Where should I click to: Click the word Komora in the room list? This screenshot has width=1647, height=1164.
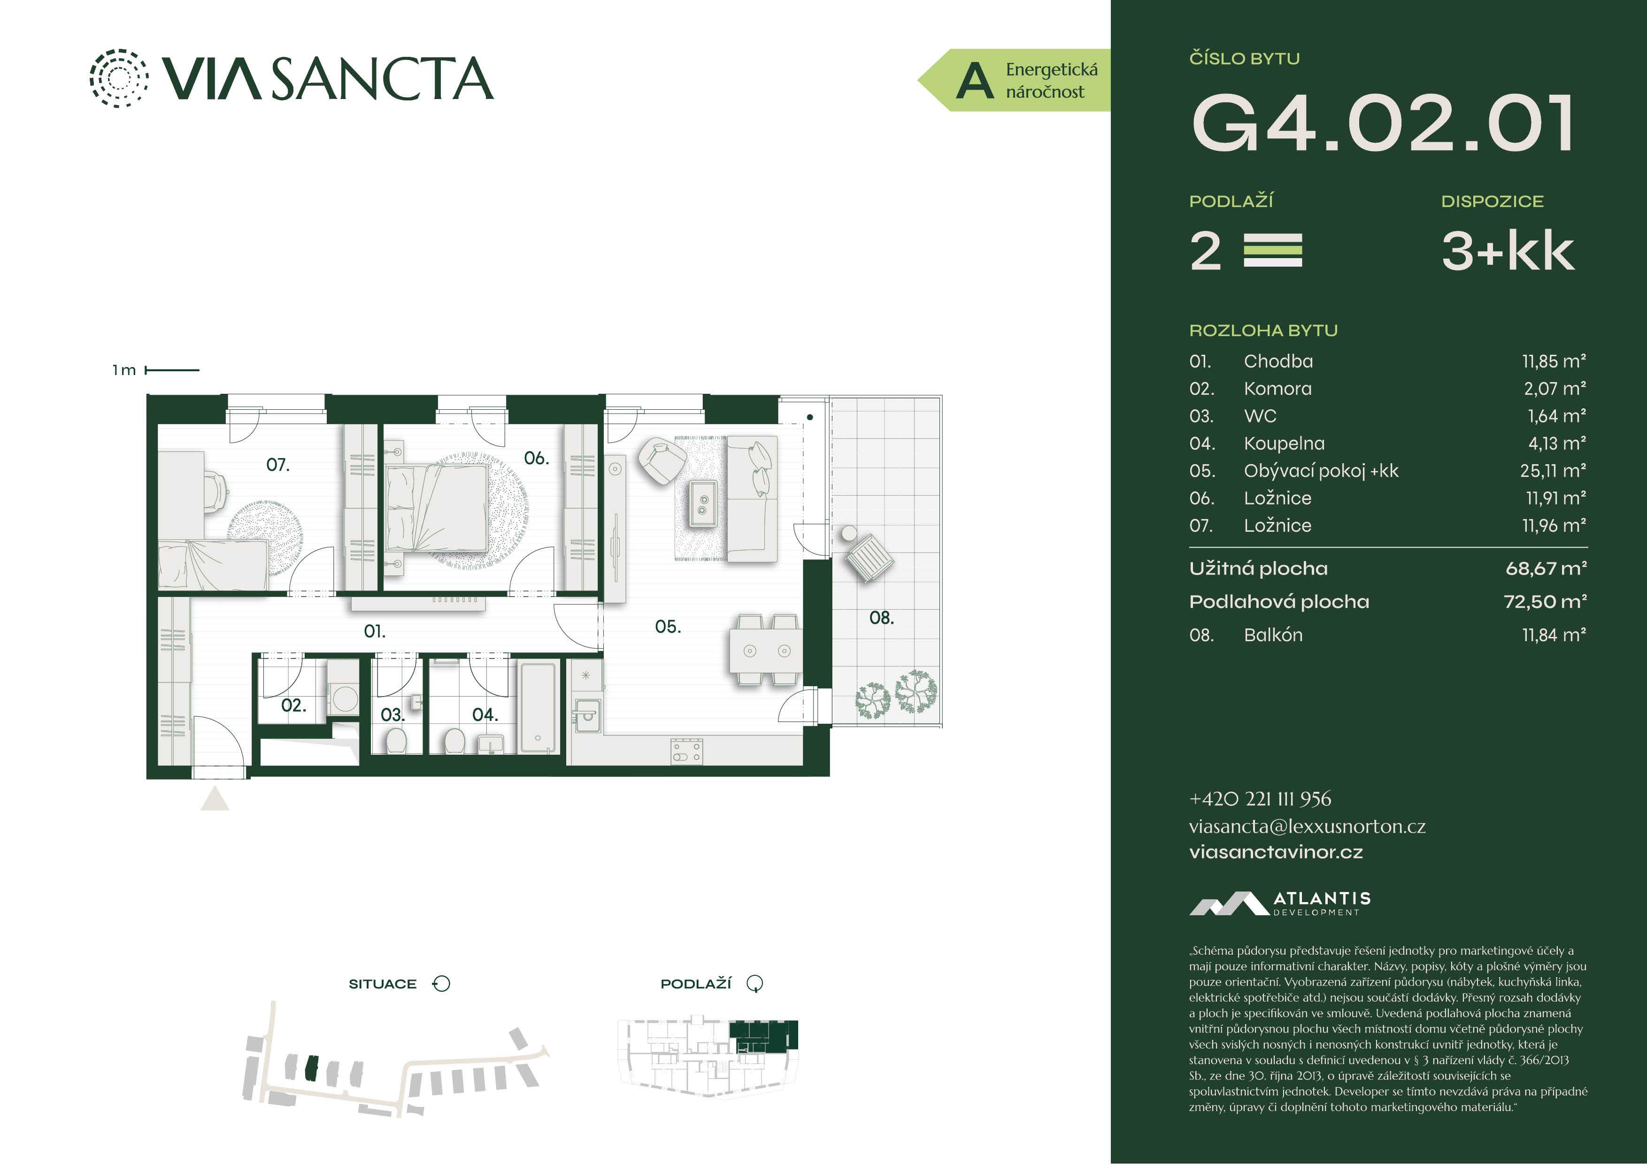1278,389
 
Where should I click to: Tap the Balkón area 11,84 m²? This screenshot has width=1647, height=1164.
1554,635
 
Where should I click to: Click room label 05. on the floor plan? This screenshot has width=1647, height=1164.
667,627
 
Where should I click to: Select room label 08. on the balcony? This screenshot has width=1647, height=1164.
882,618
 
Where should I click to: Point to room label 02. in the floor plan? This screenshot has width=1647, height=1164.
293,705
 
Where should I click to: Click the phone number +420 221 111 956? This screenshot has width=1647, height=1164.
1260,799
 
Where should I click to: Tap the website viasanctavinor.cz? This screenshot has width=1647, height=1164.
1276,852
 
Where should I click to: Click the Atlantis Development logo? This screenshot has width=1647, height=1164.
1280,904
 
